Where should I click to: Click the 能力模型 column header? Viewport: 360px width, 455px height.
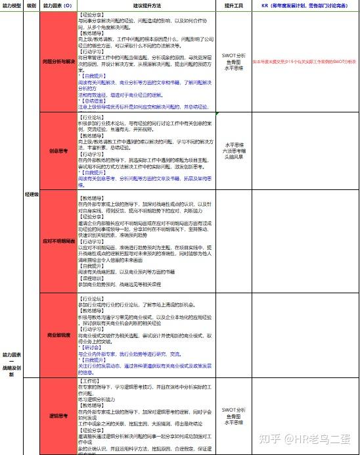click(x=12, y=5)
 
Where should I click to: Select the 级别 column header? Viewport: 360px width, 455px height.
click(x=31, y=5)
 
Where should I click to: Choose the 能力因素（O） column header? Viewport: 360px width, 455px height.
click(x=58, y=5)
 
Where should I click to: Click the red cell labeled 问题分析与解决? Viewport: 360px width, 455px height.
click(x=58, y=61)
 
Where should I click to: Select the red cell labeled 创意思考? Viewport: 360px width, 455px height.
click(x=58, y=149)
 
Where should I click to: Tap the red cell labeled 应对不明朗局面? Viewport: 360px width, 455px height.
click(x=58, y=241)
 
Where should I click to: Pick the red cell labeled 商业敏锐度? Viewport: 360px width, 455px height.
click(x=58, y=335)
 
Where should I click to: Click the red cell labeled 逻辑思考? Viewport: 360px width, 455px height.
click(x=58, y=416)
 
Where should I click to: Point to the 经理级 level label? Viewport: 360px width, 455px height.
click(x=31, y=195)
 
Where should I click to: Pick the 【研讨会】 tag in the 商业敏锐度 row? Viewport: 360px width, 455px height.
click(x=89, y=348)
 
